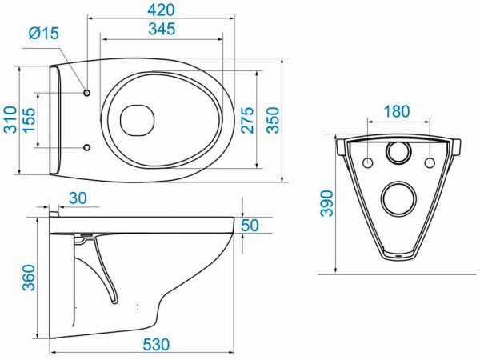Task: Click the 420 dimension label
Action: pyautogui.click(x=161, y=10)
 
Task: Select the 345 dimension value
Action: pyautogui.click(x=162, y=29)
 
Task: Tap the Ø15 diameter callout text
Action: pyautogui.click(x=44, y=33)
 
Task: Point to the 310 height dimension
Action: pyautogui.click(x=10, y=119)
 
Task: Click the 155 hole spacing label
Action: pyautogui.click(x=30, y=120)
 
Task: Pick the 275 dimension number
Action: pyautogui.click(x=248, y=120)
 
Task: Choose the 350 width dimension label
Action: pyautogui.click(x=273, y=120)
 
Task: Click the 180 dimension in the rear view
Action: pyautogui.click(x=397, y=111)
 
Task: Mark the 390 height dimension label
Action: pyautogui.click(x=326, y=203)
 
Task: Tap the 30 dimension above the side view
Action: pyautogui.click(x=78, y=198)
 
